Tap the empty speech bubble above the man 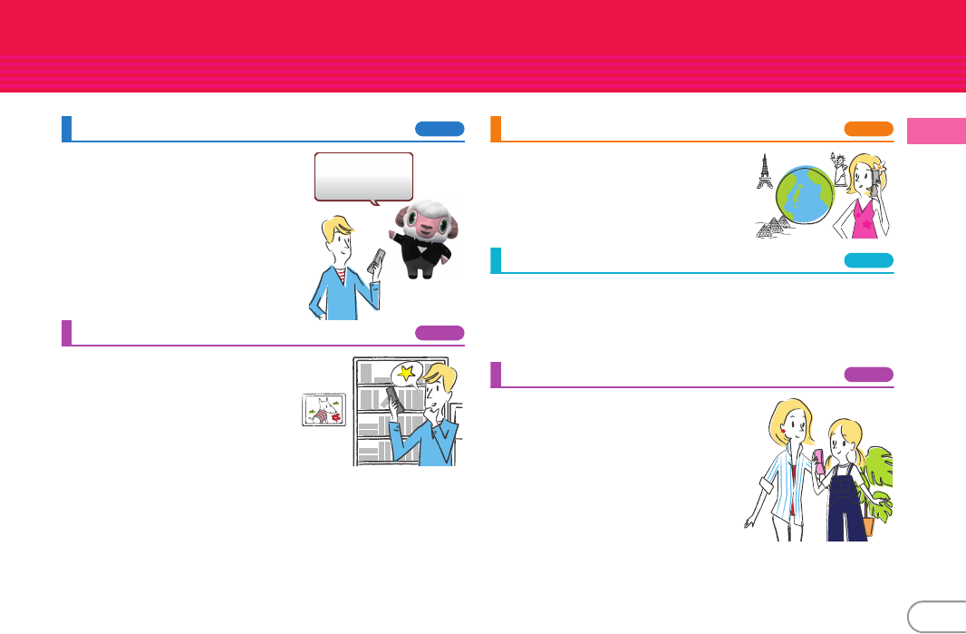pos(363,174)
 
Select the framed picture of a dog pos(324,410)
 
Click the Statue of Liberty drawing pos(840,168)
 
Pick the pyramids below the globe pos(772,227)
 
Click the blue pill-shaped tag pos(440,129)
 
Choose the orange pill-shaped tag pos(868,129)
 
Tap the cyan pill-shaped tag pos(868,260)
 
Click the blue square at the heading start pos(66,129)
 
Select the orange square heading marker pos(495,129)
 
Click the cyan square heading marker pos(495,260)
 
